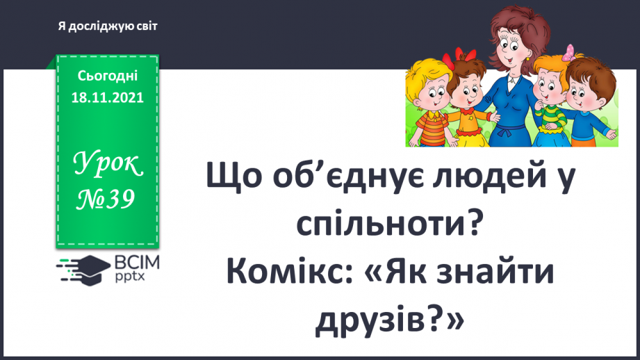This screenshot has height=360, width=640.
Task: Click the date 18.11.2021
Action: pos(107,98)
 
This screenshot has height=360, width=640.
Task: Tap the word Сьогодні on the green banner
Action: pos(108,75)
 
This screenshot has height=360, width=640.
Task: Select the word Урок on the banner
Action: pos(108,167)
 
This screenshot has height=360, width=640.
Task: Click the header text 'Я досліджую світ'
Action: pos(108,26)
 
